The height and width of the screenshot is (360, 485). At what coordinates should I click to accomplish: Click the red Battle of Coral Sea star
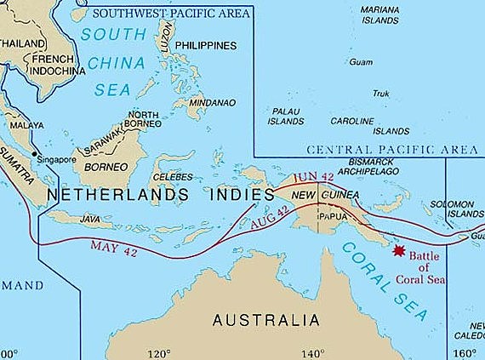397,250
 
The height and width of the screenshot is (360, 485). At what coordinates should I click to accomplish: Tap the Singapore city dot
35,154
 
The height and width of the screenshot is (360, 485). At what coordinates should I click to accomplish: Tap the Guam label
361,62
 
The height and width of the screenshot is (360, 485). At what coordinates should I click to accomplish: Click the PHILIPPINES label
207,44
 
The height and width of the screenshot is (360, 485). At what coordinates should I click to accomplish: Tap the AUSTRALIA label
266,321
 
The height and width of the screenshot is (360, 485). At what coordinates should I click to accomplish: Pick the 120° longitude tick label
160,353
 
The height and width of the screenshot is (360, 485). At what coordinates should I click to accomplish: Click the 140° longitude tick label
312,353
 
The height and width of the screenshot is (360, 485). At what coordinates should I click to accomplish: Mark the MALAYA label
26,125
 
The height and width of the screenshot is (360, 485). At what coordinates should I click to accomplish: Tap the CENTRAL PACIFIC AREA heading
391,150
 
